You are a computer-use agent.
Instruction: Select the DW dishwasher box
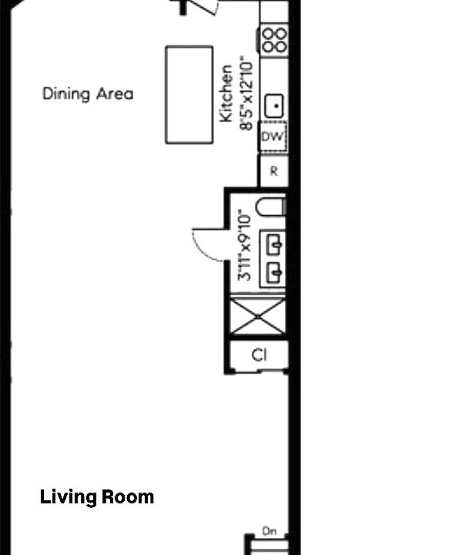point(273,137)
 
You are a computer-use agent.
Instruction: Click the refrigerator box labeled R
point(273,171)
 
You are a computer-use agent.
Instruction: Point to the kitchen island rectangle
point(189,94)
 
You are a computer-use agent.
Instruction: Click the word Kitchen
point(227,94)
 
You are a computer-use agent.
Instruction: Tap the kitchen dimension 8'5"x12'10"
point(246,92)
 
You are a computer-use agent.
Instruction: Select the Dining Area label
point(88,94)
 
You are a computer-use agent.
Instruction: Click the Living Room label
point(97,497)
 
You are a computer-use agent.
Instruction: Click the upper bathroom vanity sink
point(273,245)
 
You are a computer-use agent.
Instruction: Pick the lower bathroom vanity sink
point(273,272)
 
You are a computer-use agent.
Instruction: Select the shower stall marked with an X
point(260,317)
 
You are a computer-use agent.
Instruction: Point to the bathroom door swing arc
point(206,245)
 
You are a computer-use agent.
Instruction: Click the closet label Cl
point(260,355)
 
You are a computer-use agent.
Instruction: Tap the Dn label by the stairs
point(270,531)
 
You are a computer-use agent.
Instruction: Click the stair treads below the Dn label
point(270,547)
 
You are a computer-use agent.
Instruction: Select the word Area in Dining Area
point(115,94)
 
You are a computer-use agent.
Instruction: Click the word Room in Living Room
point(129,497)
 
